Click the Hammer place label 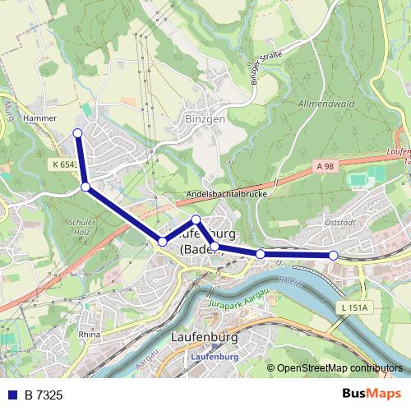(40, 118)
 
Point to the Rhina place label (89, 335)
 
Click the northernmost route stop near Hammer (77, 133)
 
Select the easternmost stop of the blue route (333, 256)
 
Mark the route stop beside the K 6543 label (85, 187)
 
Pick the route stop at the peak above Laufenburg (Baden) (196, 219)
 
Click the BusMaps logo (376, 395)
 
